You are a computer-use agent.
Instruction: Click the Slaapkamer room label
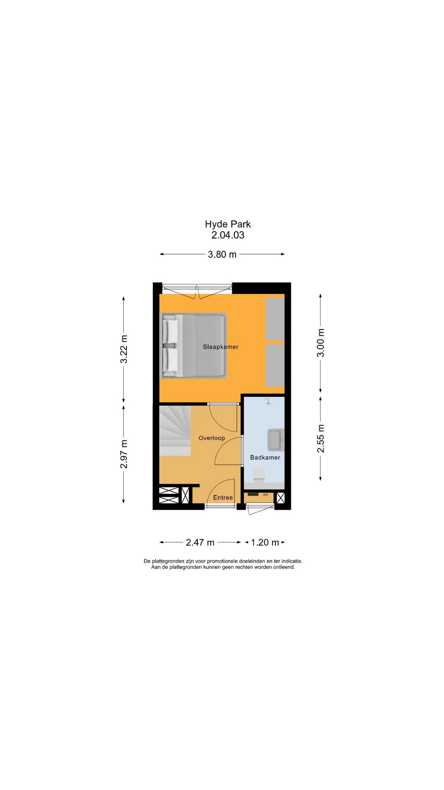(x=220, y=347)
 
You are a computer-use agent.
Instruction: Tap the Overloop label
(x=212, y=438)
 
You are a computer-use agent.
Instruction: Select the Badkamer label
(x=265, y=458)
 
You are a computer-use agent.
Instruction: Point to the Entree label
(x=223, y=498)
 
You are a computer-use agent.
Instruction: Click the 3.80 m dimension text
(x=222, y=255)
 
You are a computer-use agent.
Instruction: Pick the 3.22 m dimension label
(x=124, y=349)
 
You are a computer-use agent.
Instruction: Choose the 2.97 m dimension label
(x=124, y=454)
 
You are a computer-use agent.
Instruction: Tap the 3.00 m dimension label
(x=321, y=343)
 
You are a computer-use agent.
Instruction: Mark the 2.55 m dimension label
(x=321, y=439)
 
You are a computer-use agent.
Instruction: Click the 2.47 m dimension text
(x=200, y=543)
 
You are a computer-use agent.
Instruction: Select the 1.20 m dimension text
(x=265, y=543)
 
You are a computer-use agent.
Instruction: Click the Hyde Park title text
(x=228, y=224)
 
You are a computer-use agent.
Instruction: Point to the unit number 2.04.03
(x=228, y=235)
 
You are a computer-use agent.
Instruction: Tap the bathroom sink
(x=275, y=439)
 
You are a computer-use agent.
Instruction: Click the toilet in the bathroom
(x=259, y=474)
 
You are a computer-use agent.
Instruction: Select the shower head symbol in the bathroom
(x=268, y=401)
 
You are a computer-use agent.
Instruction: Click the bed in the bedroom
(x=194, y=345)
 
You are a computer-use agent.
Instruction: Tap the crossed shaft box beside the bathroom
(x=280, y=498)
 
